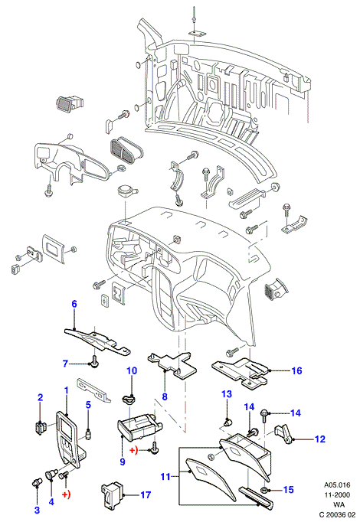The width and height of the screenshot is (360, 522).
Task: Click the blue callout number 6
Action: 74,304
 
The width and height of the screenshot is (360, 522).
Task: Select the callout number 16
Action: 296,370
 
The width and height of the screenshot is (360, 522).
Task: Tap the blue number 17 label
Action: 146,495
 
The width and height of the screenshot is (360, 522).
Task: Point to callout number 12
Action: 319,439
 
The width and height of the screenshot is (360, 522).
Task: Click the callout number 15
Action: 289,489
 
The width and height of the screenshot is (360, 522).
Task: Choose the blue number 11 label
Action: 165,477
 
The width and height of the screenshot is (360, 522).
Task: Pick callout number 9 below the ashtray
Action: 123,462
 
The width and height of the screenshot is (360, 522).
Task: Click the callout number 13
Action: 227,394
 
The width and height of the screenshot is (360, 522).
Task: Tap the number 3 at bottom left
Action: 37,510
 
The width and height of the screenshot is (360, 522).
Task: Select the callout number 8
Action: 165,396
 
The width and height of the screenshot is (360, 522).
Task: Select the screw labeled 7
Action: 94,361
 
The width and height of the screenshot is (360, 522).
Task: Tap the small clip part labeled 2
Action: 40,427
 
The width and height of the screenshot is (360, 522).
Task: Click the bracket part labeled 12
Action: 283,434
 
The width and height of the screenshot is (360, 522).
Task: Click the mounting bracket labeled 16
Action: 241,373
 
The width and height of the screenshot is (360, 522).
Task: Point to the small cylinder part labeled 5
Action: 88,435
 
